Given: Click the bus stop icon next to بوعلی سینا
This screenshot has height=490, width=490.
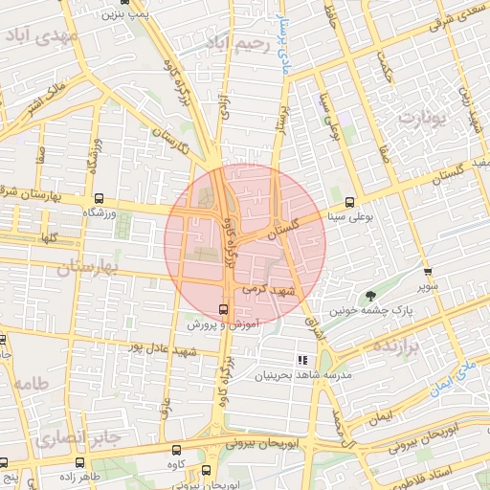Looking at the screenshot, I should [x=350, y=202].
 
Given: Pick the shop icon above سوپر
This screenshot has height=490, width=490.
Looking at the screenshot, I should [x=428, y=272].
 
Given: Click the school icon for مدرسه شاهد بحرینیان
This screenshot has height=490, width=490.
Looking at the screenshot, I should [x=302, y=360].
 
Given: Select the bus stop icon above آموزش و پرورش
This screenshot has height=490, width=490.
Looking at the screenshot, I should [x=224, y=309].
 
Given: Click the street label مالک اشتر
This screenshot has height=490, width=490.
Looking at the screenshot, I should [x=46, y=96].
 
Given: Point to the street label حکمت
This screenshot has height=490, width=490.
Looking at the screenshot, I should [x=387, y=65].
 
